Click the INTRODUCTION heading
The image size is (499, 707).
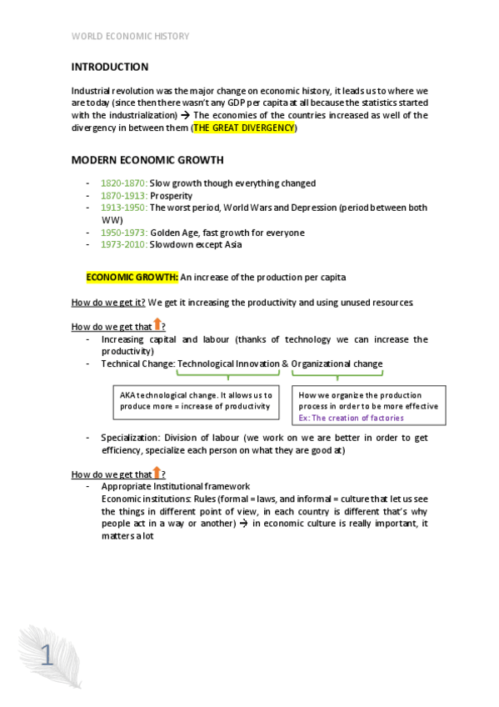click(x=110, y=67)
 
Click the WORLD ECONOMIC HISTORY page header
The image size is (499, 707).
click(x=130, y=36)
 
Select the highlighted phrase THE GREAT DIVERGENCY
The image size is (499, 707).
click(x=244, y=128)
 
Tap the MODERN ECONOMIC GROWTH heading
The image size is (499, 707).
click(x=147, y=159)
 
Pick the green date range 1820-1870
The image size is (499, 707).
click(x=124, y=183)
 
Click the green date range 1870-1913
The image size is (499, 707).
click(x=124, y=196)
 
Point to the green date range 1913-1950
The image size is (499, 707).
click(x=124, y=208)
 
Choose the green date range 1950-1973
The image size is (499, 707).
click(x=124, y=233)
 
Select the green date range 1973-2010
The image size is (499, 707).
click(x=124, y=244)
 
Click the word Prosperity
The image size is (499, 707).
click(x=171, y=196)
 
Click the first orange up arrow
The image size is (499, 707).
click(x=157, y=325)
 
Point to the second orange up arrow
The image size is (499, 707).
click(x=157, y=473)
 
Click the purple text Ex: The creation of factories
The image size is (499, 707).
click(x=353, y=417)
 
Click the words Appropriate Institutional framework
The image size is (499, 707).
click(x=175, y=486)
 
